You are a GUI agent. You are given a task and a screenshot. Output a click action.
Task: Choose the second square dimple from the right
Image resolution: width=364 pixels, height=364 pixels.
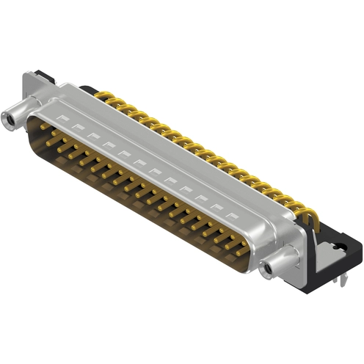pyautogui.click(x=216, y=207)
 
